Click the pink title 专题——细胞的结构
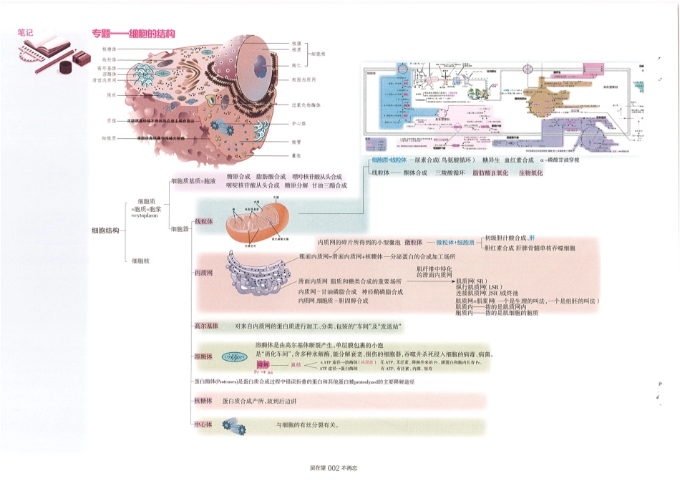click(133, 34)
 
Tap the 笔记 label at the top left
click(26, 32)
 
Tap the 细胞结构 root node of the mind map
click(106, 230)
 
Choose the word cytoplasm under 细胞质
click(146, 215)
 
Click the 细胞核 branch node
click(141, 261)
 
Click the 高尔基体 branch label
click(206, 326)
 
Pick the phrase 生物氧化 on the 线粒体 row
click(530, 173)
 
